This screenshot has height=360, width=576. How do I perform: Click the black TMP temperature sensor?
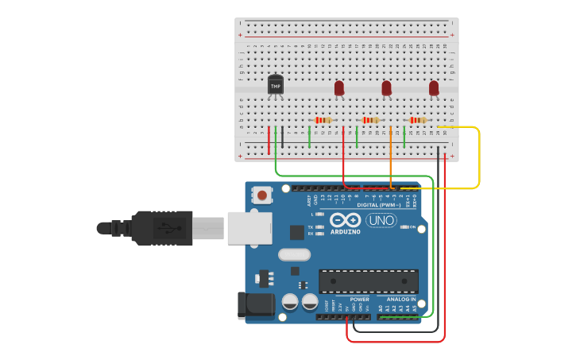tap(276, 83)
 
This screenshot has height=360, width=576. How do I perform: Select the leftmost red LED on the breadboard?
tap(339, 87)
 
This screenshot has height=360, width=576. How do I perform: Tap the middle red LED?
tap(386, 87)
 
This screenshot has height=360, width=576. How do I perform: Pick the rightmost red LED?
tap(434, 87)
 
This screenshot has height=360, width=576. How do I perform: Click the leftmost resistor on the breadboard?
tap(323, 120)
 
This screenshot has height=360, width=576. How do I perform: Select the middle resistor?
tap(370, 120)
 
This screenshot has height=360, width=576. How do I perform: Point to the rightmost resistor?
tap(417, 120)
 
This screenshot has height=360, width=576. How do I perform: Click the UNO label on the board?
tap(381, 220)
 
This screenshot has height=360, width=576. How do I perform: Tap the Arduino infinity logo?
tap(346, 220)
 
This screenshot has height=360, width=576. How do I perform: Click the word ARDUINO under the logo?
tap(346, 232)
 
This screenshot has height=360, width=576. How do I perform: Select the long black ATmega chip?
tap(369, 281)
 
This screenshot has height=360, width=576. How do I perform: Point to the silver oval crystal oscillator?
tap(294, 254)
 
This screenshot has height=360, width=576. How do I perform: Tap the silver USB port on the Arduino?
tap(249, 227)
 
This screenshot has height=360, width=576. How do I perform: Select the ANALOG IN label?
tap(401, 300)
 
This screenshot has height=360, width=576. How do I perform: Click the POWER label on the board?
tap(359, 300)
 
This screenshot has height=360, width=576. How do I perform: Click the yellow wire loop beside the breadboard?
tap(479, 159)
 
